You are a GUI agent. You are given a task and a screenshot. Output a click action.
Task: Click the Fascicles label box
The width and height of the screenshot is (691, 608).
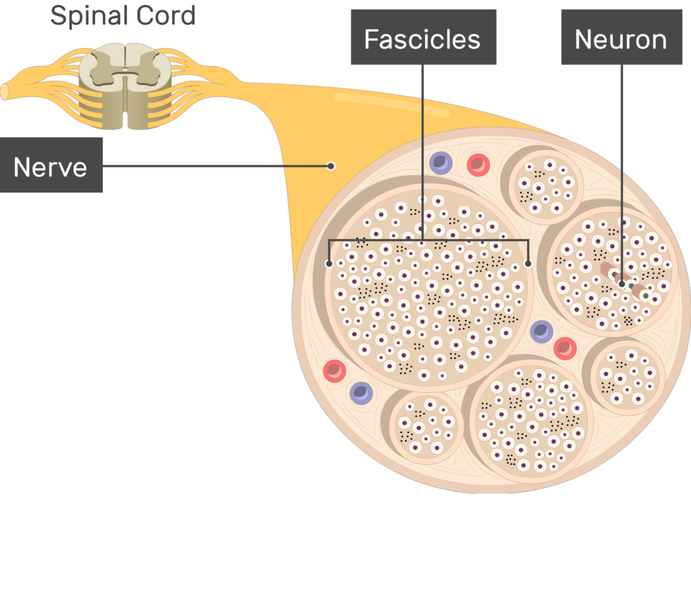422,38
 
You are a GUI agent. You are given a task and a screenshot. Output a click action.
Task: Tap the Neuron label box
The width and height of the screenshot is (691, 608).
620,38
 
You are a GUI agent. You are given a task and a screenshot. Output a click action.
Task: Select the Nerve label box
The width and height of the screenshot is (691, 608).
51,166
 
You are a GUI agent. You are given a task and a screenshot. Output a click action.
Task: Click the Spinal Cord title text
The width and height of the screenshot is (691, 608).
123,15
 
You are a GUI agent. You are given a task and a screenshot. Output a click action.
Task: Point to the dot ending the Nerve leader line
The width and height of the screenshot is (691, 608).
331,165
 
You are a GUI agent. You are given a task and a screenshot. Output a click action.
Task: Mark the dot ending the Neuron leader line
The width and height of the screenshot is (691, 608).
621,283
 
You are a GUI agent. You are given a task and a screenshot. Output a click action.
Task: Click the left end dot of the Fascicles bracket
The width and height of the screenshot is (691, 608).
329,263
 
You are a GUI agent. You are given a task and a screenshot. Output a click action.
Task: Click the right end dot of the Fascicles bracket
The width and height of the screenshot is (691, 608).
528,263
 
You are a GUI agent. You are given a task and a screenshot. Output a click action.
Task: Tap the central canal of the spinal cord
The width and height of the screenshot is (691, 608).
126,70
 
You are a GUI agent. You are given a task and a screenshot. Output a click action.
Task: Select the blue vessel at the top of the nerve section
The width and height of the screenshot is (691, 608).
441,163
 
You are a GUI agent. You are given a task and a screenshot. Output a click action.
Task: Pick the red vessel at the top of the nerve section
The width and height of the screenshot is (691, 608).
478,164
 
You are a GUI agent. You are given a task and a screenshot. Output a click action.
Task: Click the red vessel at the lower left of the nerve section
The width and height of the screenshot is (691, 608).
334,370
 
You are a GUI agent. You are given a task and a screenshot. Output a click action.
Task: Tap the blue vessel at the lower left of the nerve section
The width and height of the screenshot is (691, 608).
361,393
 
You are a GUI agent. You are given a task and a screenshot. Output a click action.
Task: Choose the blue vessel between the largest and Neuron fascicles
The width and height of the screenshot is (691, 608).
541,331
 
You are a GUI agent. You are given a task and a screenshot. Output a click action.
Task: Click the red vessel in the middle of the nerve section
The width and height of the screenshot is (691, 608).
565,348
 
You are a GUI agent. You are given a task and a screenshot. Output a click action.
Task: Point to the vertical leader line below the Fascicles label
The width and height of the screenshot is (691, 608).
423,148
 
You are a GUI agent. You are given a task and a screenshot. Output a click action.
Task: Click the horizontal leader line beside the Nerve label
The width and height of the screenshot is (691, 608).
216,165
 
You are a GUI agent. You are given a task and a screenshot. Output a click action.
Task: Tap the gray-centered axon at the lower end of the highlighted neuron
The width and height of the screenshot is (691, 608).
646,295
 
